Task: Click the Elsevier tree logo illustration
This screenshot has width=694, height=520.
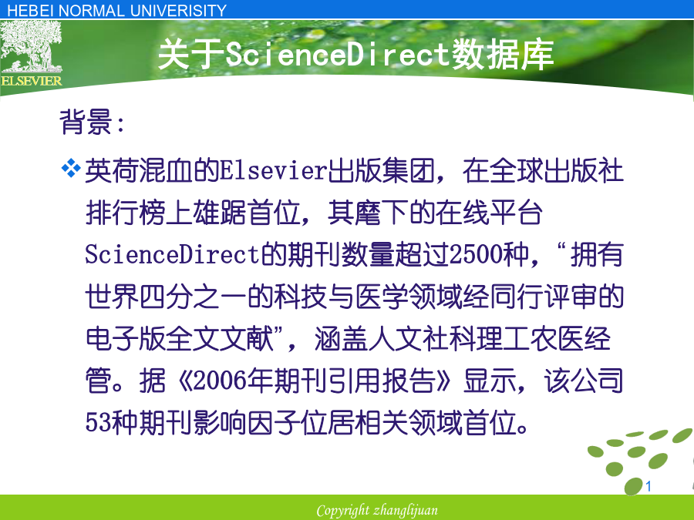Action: tap(31, 47)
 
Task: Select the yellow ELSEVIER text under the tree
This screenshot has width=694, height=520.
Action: tap(31, 81)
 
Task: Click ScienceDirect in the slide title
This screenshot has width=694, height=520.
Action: tap(338, 54)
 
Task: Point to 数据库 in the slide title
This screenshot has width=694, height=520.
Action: tap(502, 55)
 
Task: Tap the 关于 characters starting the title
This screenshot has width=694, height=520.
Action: tap(191, 55)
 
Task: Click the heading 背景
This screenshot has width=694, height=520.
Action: tap(86, 122)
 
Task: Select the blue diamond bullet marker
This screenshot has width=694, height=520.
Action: tap(71, 168)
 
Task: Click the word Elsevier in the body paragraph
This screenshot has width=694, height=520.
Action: tap(274, 171)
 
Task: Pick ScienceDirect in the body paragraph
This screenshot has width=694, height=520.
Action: tap(172, 255)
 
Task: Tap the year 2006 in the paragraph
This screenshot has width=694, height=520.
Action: tap(220, 381)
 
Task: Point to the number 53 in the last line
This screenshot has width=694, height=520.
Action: tap(98, 422)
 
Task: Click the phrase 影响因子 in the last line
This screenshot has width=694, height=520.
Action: tap(247, 422)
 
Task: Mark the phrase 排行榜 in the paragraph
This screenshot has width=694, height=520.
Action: tap(126, 213)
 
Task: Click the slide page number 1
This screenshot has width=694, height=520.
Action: tap(649, 486)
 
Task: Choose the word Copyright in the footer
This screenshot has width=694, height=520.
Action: tap(343, 511)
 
